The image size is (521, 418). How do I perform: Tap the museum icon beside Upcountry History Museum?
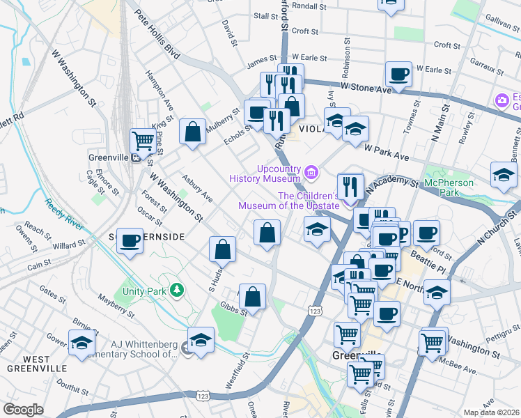(x=311, y=171)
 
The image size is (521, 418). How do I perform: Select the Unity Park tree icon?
(x=178, y=289)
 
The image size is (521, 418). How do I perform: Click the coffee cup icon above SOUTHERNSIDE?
(x=130, y=240)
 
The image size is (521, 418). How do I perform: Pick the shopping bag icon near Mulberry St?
(x=192, y=131)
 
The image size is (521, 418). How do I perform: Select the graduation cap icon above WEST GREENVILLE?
(x=81, y=342)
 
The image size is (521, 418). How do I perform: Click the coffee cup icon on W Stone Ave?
(x=399, y=74)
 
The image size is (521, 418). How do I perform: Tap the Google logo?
(x=23, y=410)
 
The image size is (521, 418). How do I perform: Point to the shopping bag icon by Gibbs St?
(x=252, y=296)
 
